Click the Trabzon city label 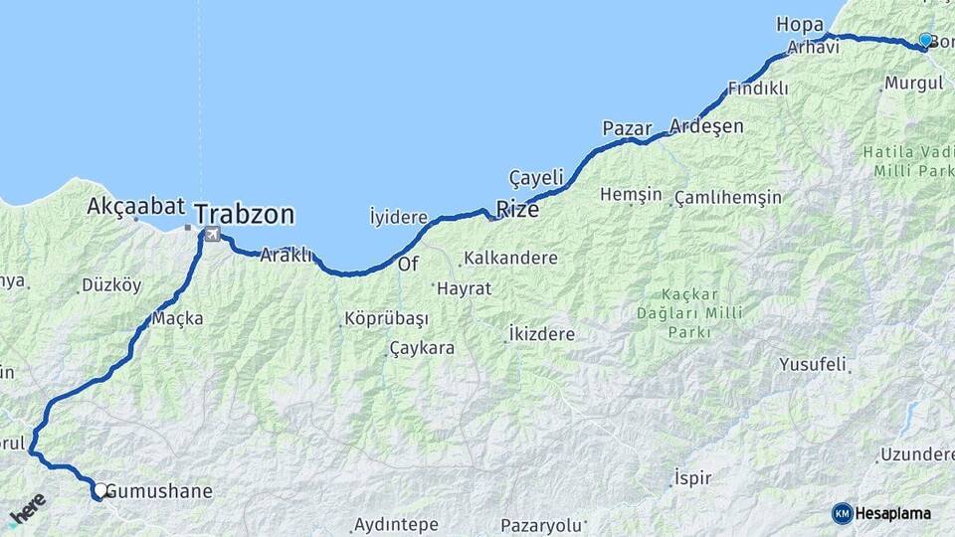[x=245, y=214]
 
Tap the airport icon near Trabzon [x=211, y=235]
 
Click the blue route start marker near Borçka [x=925, y=40]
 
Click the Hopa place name [x=800, y=24]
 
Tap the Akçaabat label [x=136, y=207]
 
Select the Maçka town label [x=178, y=319]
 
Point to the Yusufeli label [x=813, y=363]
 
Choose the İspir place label [x=692, y=477]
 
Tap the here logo [x=27, y=508]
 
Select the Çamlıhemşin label [x=727, y=198]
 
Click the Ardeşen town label [x=706, y=125]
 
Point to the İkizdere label [x=541, y=334]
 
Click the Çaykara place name [x=422, y=349]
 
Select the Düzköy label [x=111, y=285]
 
